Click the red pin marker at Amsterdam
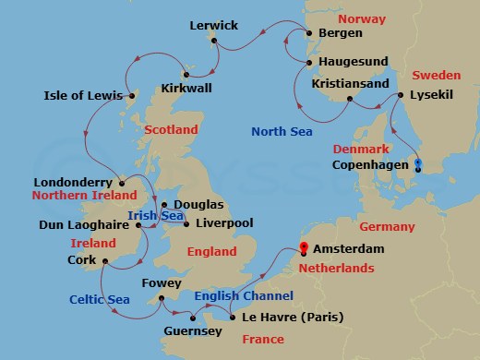304,247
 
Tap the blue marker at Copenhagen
418,166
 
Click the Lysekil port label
435,93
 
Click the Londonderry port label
72,182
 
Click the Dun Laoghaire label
78,223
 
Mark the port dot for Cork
102,260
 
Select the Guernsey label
192,330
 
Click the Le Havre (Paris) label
293,317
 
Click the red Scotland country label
171,130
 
